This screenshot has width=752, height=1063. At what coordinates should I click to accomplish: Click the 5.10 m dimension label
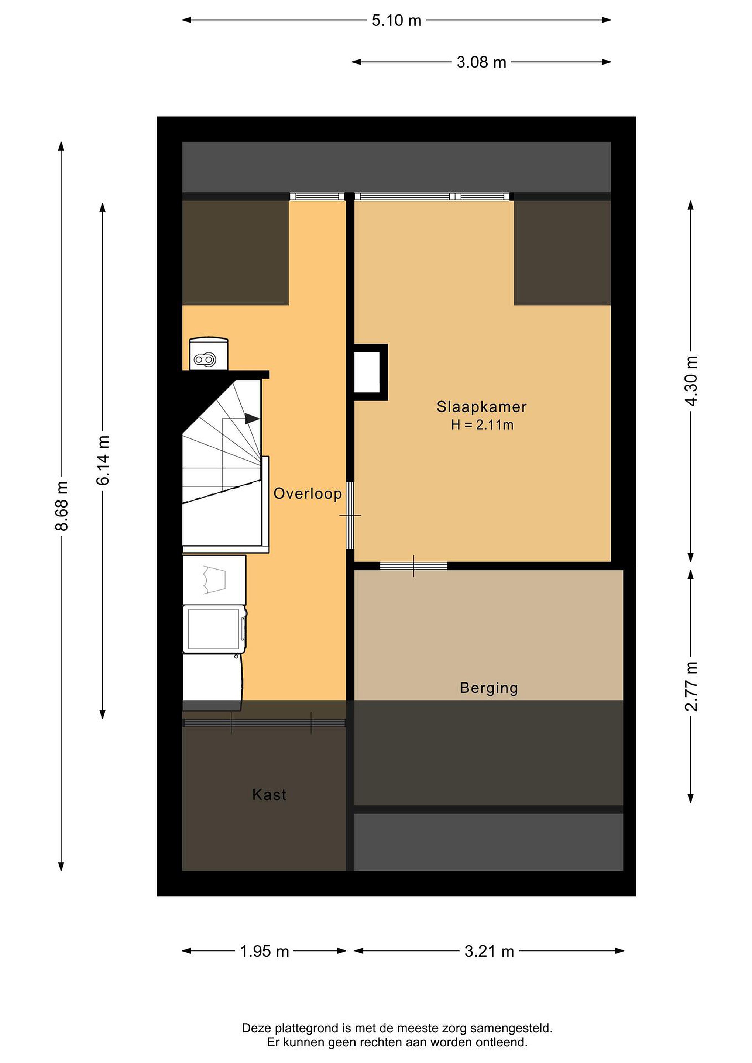pyautogui.click(x=396, y=20)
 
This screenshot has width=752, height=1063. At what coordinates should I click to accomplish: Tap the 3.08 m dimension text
pyautogui.click(x=481, y=62)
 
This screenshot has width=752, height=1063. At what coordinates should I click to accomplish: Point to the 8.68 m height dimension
pyautogui.click(x=62, y=506)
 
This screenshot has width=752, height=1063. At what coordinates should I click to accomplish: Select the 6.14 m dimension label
pyautogui.click(x=103, y=460)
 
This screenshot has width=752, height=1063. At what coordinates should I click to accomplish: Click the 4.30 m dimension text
pyautogui.click(x=691, y=381)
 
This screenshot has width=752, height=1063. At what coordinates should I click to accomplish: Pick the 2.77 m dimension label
pyautogui.click(x=691, y=687)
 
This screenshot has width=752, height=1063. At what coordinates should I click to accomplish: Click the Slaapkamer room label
pyautogui.click(x=481, y=407)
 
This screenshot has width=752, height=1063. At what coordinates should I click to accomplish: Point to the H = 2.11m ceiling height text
pyautogui.click(x=482, y=424)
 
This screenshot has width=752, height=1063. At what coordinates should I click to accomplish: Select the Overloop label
pyautogui.click(x=308, y=493)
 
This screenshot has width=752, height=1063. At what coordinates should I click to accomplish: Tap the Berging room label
pyautogui.click(x=488, y=688)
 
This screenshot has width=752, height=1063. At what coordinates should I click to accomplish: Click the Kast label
pyautogui.click(x=269, y=795)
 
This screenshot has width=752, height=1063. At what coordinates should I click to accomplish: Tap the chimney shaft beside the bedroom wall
pyautogui.click(x=370, y=372)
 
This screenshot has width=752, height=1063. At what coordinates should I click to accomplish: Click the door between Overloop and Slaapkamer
pyautogui.click(x=351, y=515)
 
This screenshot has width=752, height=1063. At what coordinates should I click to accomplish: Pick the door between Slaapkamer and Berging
pyautogui.click(x=413, y=566)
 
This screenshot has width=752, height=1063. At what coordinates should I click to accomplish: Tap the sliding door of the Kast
pyautogui.click(x=264, y=723)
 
